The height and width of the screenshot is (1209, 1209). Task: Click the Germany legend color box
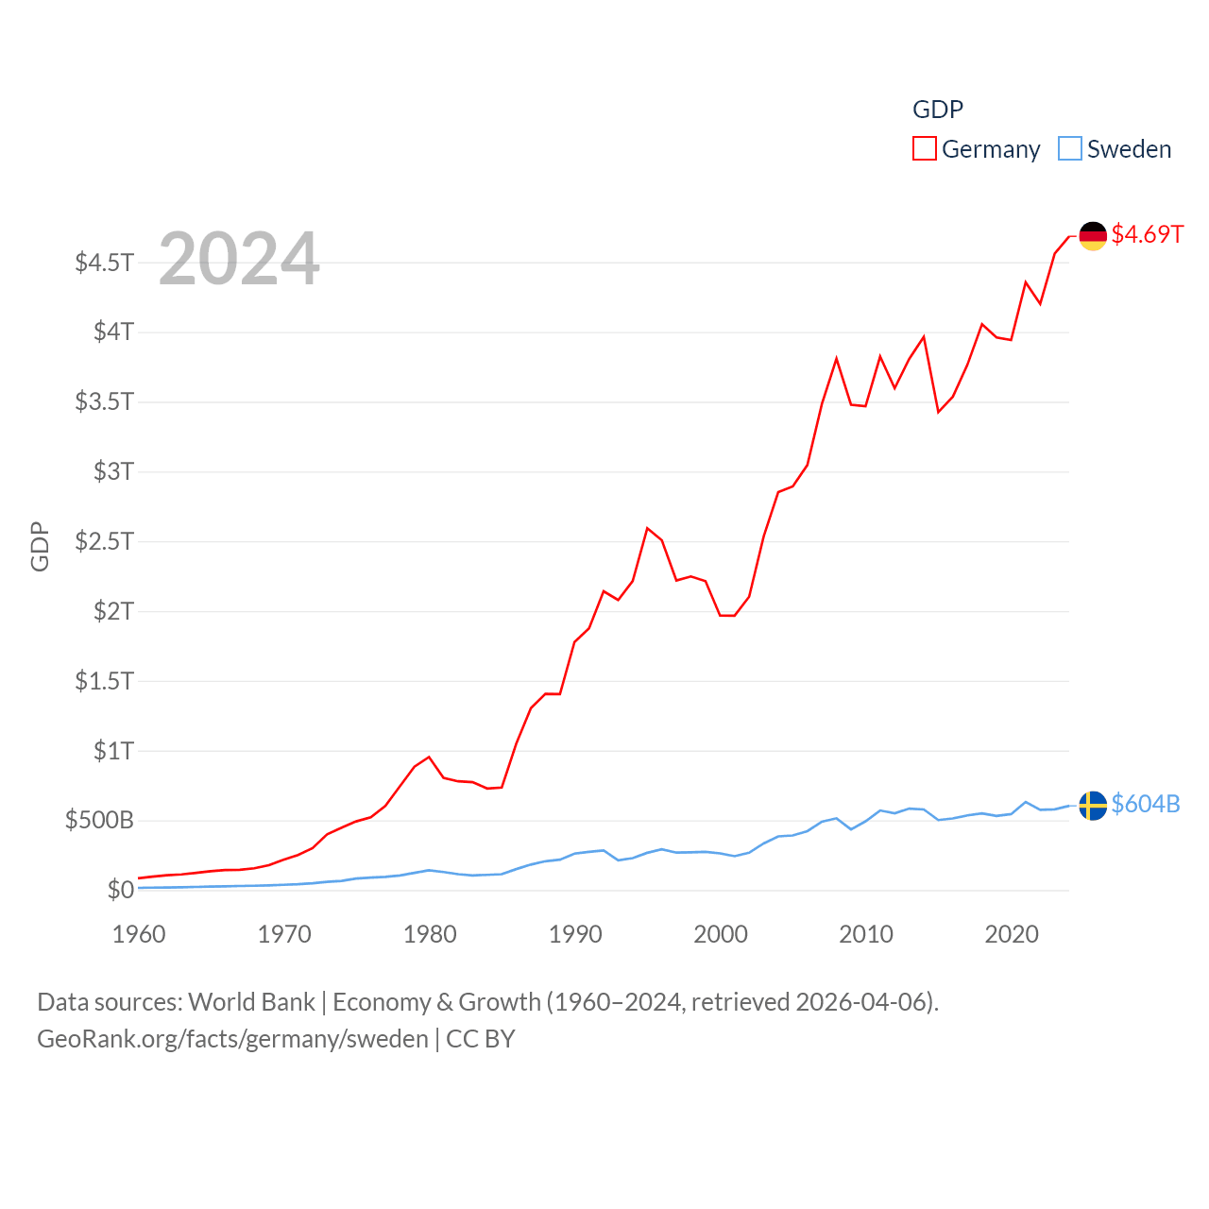(x=924, y=149)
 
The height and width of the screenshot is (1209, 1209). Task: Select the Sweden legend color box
(x=1069, y=149)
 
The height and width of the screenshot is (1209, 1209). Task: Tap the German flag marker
(x=1093, y=235)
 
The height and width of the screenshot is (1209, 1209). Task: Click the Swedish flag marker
(x=1093, y=806)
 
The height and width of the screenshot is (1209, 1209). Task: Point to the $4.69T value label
(x=1147, y=234)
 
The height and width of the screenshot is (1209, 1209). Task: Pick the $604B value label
(x=1146, y=804)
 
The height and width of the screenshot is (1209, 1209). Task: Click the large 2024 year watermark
(x=239, y=259)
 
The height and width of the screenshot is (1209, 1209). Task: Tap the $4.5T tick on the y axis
(x=104, y=263)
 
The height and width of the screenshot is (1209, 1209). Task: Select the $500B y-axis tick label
(x=99, y=820)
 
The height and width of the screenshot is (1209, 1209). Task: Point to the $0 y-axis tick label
(x=120, y=890)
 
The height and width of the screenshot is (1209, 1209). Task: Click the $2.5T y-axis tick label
(x=104, y=541)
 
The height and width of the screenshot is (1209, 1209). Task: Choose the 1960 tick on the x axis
(x=139, y=934)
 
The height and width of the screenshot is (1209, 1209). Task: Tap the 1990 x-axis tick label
(x=575, y=934)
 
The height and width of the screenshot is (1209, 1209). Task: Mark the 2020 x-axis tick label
(x=1012, y=934)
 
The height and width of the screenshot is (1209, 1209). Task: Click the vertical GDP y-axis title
(x=40, y=546)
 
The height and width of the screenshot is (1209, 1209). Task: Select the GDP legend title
(x=937, y=110)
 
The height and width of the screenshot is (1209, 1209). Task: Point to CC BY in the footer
(x=480, y=1039)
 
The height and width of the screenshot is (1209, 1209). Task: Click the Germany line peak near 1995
(x=647, y=528)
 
